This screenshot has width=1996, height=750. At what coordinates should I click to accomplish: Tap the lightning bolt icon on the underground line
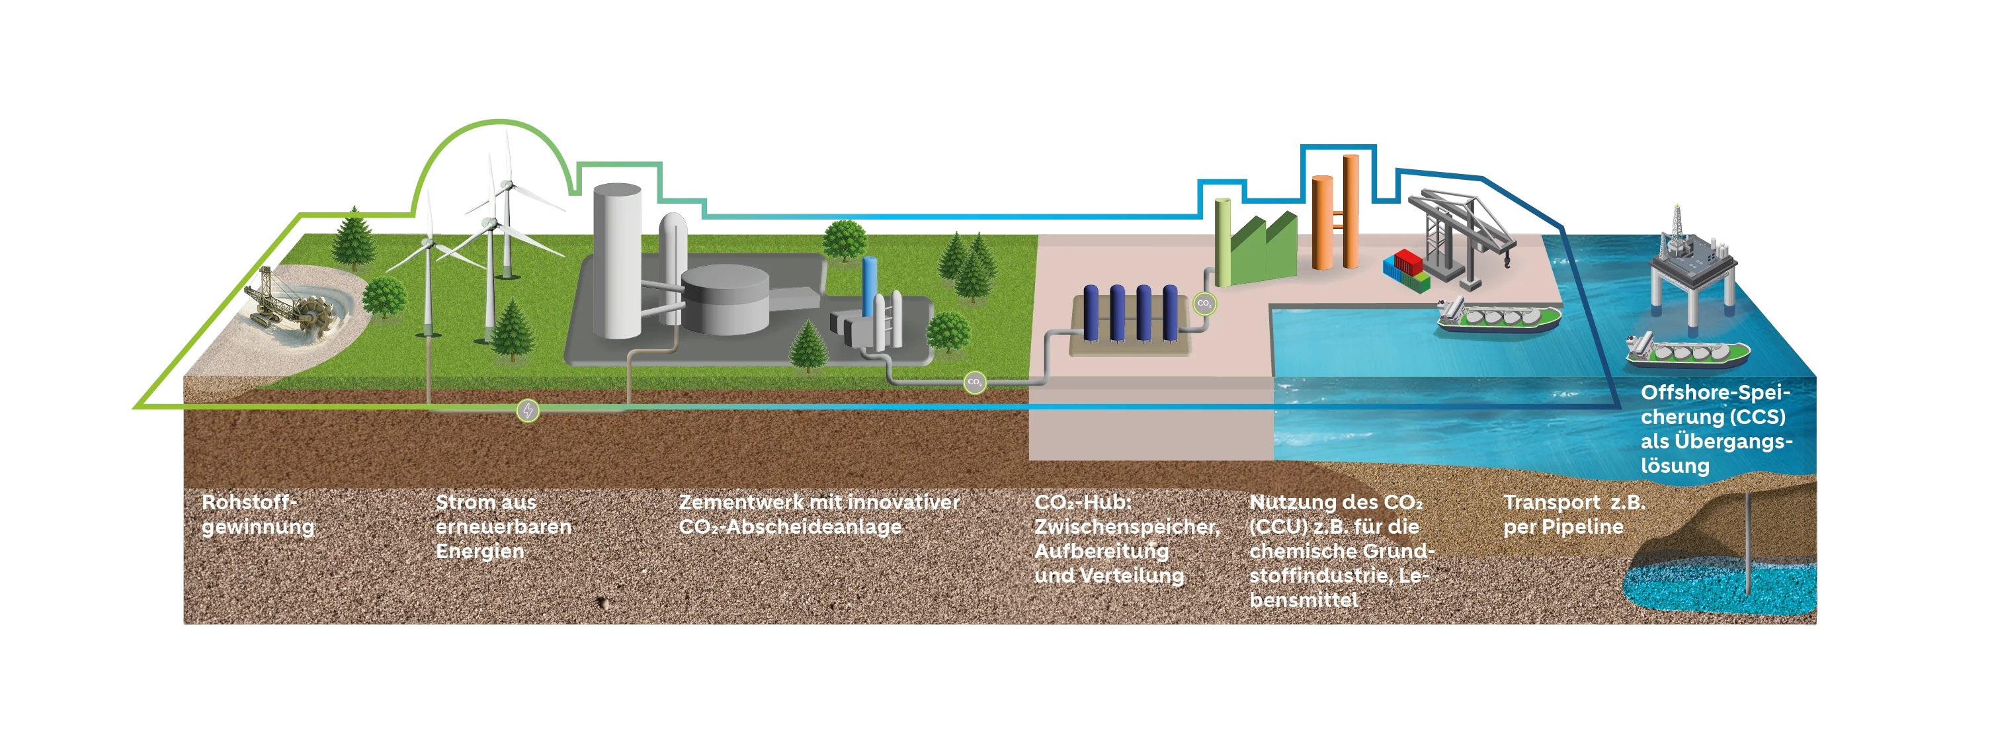[x=528, y=410]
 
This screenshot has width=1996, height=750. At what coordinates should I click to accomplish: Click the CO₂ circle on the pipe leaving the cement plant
[x=975, y=382]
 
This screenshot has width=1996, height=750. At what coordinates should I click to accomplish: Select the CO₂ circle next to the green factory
[x=1204, y=303]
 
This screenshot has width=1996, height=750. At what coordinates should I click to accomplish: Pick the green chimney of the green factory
[x=1223, y=242]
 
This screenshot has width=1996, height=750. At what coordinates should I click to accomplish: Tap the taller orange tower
[x=1351, y=211]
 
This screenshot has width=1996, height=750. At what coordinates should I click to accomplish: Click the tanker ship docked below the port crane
[x=1499, y=317]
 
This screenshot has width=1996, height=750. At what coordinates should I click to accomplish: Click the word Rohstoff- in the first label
[x=249, y=502]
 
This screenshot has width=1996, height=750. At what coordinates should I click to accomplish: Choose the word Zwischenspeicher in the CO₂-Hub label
[x=1126, y=527]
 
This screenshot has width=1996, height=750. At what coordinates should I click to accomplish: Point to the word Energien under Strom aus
[x=479, y=552]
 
